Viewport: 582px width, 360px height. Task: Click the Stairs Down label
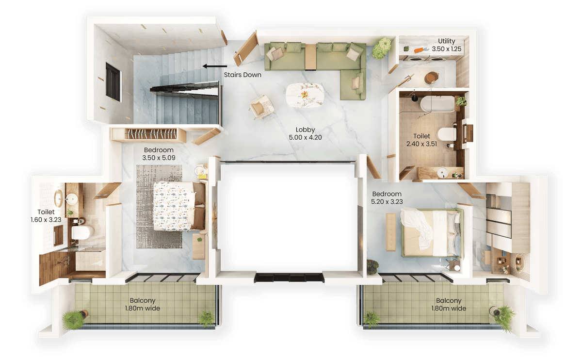pyautogui.click(x=242, y=75)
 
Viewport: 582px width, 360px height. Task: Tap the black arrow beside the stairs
pyautogui.click(x=213, y=66)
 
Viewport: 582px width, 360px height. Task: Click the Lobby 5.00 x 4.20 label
pyautogui.click(x=306, y=133)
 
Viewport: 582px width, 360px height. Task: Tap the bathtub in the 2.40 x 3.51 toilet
pyautogui.click(x=436, y=103)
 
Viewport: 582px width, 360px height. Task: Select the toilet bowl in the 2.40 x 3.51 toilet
pyautogui.click(x=445, y=133)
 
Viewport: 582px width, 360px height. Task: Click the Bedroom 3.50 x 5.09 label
pyautogui.click(x=159, y=154)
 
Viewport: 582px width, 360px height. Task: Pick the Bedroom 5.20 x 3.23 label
pyautogui.click(x=387, y=197)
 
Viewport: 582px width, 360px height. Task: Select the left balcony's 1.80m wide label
pyautogui.click(x=142, y=304)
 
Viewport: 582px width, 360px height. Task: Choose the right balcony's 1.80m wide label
pyautogui.click(x=448, y=304)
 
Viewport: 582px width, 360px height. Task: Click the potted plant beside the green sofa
pyautogui.click(x=382, y=48)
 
